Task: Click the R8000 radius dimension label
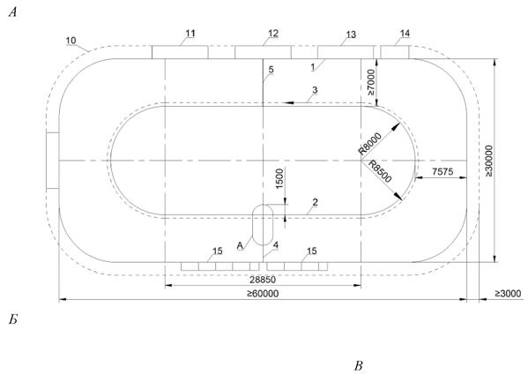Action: coord(369,144)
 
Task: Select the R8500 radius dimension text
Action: coord(380,171)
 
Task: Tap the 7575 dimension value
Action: coord(442,172)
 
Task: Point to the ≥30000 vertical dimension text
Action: coord(488,161)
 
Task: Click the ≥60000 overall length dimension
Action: coord(263,294)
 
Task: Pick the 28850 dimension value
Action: coord(263,280)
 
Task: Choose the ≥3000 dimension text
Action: coord(508,294)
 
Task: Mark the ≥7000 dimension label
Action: coord(370,82)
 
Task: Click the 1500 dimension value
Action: coord(279,178)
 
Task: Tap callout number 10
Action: coord(71,41)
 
